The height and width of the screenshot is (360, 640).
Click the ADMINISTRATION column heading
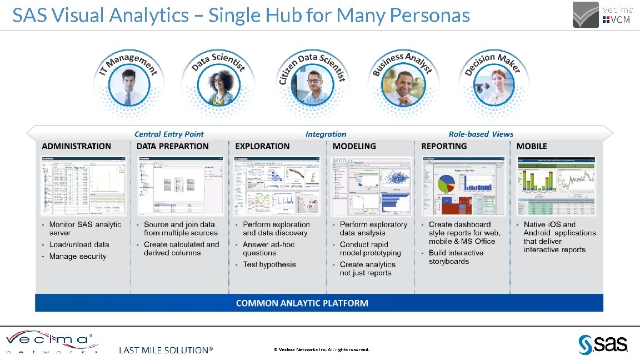(77, 146)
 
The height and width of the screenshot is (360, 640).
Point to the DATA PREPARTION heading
(173, 146)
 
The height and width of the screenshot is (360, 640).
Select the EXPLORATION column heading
(262, 146)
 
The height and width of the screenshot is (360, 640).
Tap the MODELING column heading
(354, 146)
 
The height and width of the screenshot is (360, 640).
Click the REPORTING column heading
(444, 146)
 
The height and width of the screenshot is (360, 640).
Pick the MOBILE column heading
(532, 146)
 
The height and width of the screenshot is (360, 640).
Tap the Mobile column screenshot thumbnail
(556, 186)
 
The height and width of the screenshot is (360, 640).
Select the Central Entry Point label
(169, 134)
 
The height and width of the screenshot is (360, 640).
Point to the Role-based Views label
(481, 134)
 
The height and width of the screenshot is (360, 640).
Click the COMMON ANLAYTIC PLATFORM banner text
(302, 303)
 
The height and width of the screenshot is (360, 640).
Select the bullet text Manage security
(78, 256)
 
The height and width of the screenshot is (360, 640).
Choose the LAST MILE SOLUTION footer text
(166, 350)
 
